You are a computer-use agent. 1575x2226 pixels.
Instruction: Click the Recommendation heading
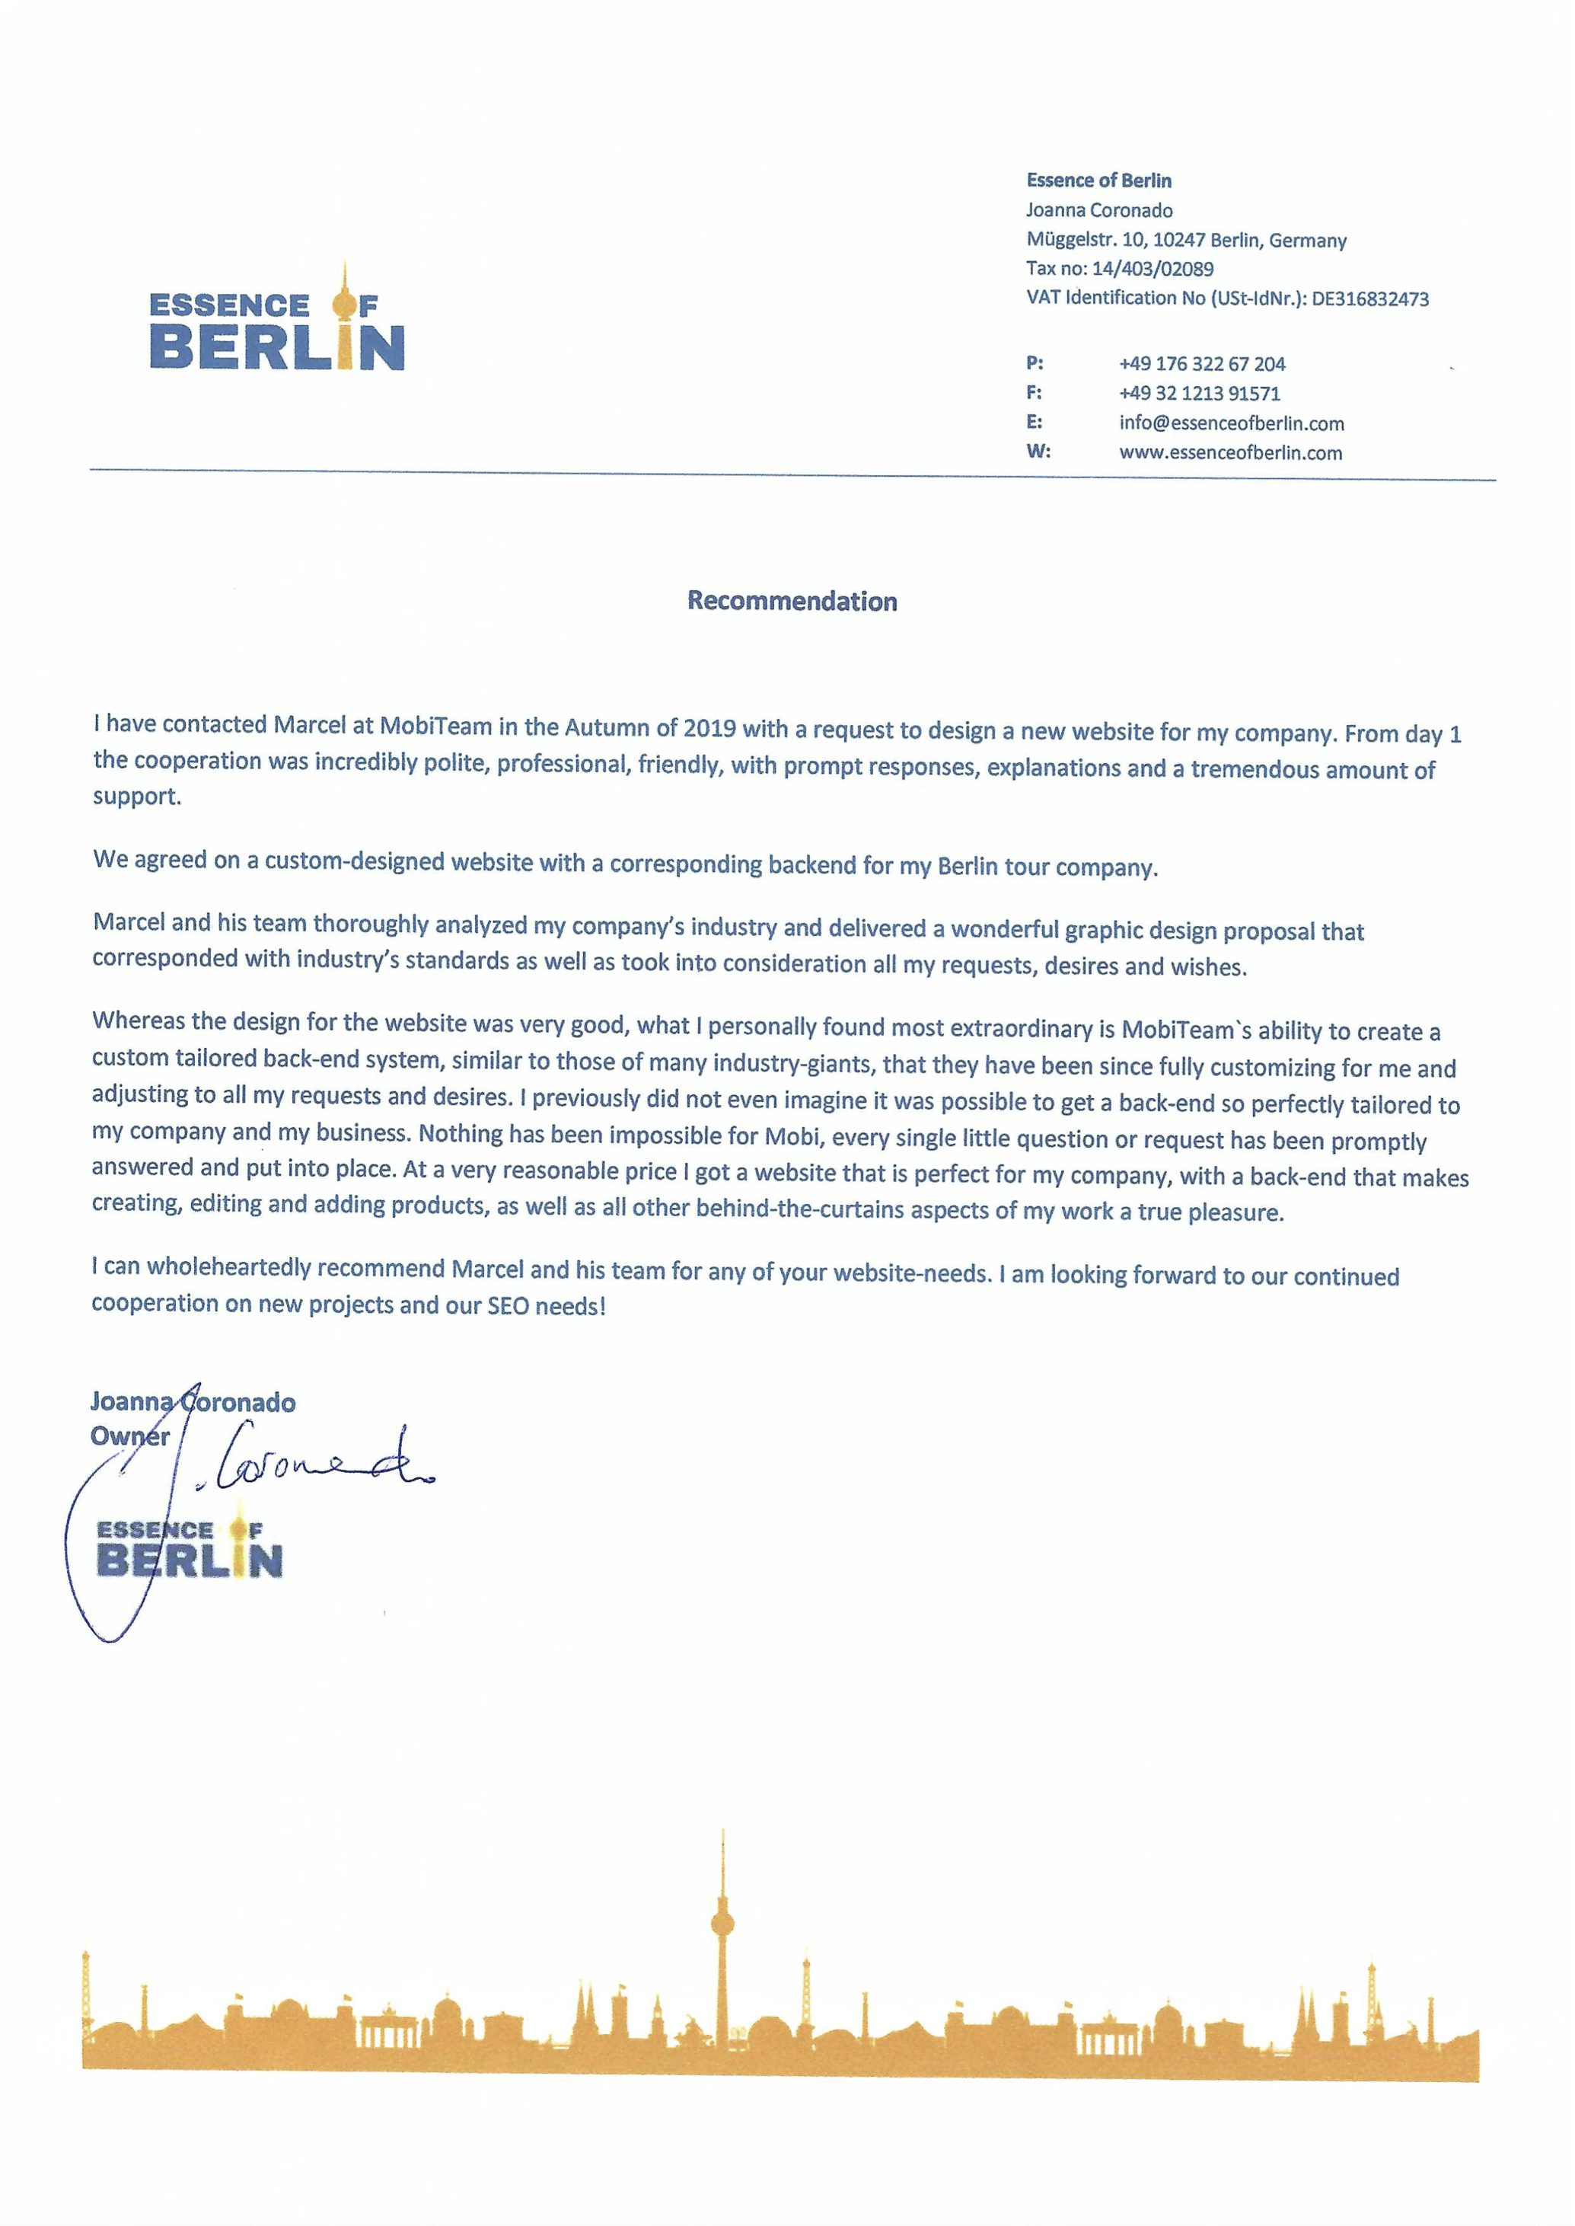(x=792, y=602)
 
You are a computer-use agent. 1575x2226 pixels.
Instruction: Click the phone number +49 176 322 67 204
(x=1202, y=364)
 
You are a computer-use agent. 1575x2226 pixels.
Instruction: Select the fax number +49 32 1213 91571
(x=1199, y=393)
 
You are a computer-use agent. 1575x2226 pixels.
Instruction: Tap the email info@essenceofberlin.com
(x=1231, y=423)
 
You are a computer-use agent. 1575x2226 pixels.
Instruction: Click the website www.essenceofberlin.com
(x=1229, y=453)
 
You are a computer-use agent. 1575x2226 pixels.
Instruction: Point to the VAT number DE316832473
(x=1369, y=299)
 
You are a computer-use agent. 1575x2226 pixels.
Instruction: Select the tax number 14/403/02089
(x=1153, y=269)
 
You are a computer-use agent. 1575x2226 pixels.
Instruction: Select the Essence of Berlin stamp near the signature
(x=189, y=1549)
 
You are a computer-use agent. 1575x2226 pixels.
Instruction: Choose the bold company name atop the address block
(x=1098, y=180)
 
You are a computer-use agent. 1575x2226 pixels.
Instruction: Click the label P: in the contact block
(x=1035, y=364)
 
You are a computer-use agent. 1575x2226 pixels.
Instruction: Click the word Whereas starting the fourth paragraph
(x=139, y=1020)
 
